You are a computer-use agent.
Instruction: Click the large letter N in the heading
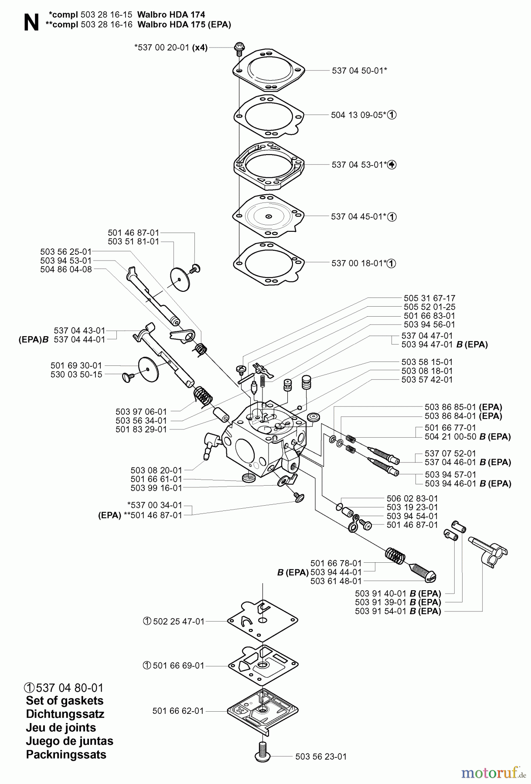pyautogui.click(x=30, y=22)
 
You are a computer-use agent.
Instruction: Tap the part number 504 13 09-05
pyautogui.click(x=357, y=115)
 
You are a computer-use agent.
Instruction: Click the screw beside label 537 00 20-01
pyautogui.click(x=238, y=48)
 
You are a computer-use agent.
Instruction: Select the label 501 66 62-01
pyautogui.click(x=178, y=711)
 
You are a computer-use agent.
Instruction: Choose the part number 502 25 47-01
pyautogui.click(x=179, y=622)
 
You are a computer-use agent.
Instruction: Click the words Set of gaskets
pyautogui.click(x=65, y=701)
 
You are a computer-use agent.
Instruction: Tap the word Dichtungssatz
pyautogui.click(x=65, y=714)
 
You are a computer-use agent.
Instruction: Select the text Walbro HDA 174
pyautogui.click(x=171, y=15)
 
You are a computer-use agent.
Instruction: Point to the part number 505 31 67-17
pyautogui.click(x=429, y=298)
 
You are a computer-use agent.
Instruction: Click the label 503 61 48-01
pyautogui.click(x=336, y=581)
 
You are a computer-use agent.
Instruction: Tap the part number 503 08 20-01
pyautogui.click(x=156, y=470)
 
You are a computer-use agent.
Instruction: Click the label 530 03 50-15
pyautogui.click(x=76, y=375)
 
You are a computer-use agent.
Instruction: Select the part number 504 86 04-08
pyautogui.click(x=66, y=269)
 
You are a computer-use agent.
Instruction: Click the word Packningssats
pyautogui.click(x=66, y=754)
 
